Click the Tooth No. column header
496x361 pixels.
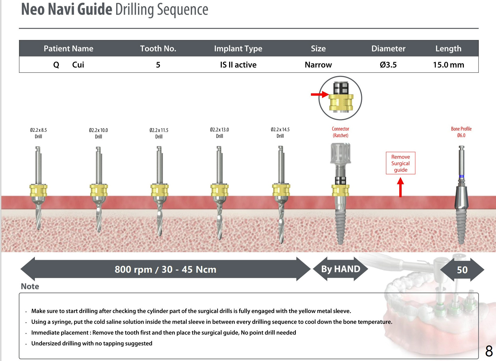click(158, 49)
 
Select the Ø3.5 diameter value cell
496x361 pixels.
click(388, 65)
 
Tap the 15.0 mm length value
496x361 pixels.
click(448, 65)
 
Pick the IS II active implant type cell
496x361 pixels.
click(238, 65)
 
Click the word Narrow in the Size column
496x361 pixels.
click(318, 65)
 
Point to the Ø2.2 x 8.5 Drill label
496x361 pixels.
click(38, 133)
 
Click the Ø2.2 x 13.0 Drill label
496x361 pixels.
click(219, 133)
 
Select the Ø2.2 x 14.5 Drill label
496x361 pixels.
click(280, 133)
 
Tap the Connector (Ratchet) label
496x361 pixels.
click(340, 132)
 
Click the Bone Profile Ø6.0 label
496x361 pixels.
click(461, 132)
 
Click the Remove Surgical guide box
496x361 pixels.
click(400, 163)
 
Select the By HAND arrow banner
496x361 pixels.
click(340, 269)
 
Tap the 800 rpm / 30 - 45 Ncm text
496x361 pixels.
click(165, 269)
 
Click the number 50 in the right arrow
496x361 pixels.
click(462, 270)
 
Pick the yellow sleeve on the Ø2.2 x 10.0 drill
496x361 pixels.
click(99, 190)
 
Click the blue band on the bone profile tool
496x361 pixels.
click(461, 177)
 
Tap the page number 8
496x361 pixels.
click(489, 351)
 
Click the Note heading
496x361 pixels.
click(30, 286)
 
